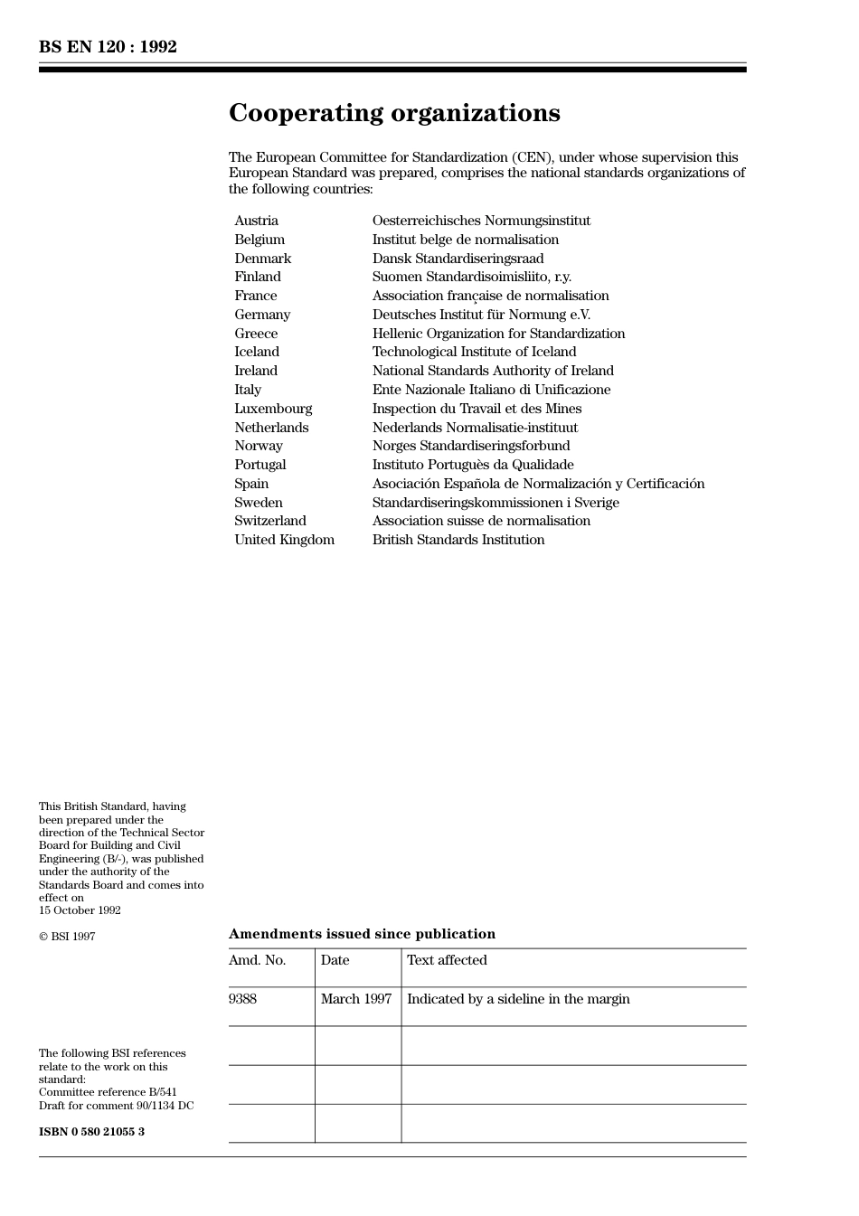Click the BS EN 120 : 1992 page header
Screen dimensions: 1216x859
[x=108, y=47]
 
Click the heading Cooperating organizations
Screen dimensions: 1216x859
[x=394, y=113]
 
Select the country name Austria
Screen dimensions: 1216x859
[x=256, y=221]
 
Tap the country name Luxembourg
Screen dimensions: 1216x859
[x=273, y=409]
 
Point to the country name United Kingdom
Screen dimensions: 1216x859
[x=284, y=540]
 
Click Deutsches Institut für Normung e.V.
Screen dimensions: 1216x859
[x=481, y=315]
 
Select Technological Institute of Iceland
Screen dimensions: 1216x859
[x=474, y=352]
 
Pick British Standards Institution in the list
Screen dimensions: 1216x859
[x=458, y=540]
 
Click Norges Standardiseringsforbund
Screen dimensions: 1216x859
[x=471, y=446]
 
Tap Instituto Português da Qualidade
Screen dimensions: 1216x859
[x=473, y=465]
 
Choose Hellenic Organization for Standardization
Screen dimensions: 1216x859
[x=498, y=334]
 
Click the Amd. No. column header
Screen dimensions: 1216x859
[x=257, y=960]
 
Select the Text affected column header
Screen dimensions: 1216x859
[x=447, y=960]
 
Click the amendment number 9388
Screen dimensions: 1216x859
[x=242, y=999]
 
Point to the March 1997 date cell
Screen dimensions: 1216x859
[x=356, y=999]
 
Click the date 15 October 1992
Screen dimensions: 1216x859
[x=80, y=910]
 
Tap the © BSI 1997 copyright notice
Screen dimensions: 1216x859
[x=67, y=937]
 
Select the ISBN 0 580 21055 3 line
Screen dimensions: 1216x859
[x=91, y=1132]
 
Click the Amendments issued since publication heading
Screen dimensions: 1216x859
[x=362, y=934]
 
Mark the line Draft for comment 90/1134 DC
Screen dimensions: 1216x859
[x=116, y=1106]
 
